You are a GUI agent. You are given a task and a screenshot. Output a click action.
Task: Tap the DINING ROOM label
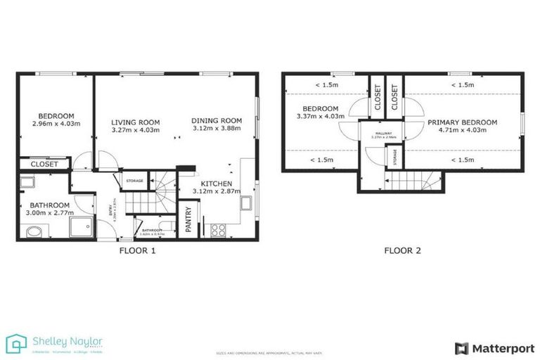point(217,120)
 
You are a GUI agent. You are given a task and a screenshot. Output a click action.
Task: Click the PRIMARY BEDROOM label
point(462,122)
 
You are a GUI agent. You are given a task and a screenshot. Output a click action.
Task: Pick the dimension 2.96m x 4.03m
point(56,124)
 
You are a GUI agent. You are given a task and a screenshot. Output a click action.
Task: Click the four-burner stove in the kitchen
point(217,229)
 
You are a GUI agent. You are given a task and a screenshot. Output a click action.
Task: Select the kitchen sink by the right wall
point(246,204)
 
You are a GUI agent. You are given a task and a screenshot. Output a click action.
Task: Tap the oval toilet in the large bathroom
point(32,231)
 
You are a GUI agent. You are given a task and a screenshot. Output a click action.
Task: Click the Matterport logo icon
point(461,348)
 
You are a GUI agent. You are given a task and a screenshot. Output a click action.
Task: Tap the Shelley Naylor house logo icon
point(16,344)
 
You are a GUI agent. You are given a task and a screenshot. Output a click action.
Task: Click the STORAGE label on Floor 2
point(394,155)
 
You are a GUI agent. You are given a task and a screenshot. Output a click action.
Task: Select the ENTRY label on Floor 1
point(110,210)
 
